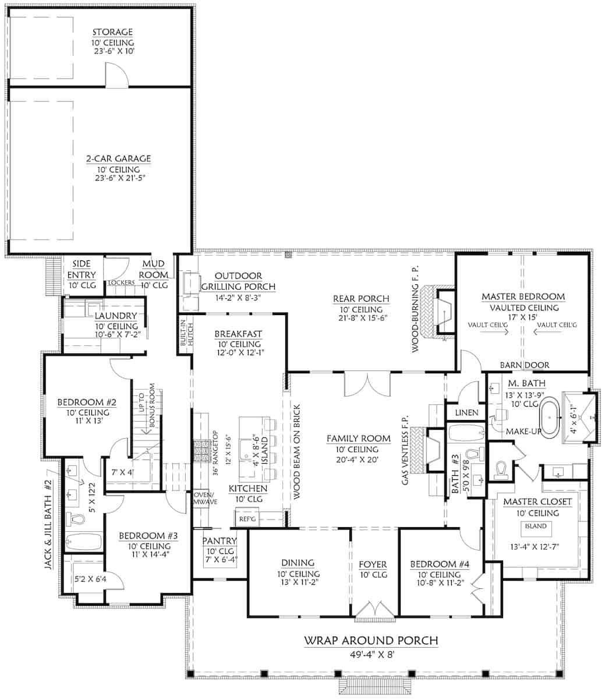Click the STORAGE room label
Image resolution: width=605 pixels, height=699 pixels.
(112, 32)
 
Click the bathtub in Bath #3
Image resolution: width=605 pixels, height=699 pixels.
(466, 433)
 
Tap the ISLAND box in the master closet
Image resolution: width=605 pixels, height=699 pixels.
(536, 526)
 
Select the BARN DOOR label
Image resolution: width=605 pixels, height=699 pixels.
(524, 365)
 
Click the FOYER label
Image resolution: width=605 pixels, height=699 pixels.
(372, 564)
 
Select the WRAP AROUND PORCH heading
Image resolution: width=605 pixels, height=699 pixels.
(371, 641)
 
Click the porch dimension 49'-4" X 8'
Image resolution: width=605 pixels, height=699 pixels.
(371, 654)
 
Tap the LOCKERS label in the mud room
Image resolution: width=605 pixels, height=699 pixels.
(121, 283)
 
